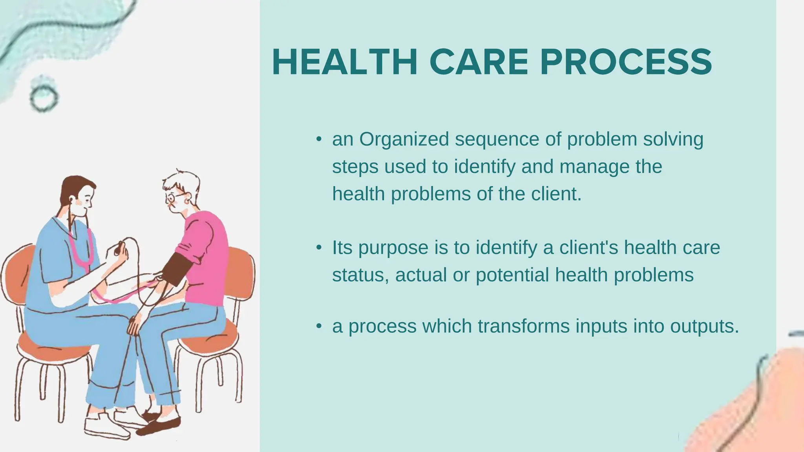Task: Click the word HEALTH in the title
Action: pos(344,62)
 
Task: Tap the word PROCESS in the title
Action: pos(626,62)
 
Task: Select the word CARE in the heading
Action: pos(479,62)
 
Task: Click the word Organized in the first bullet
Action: pos(404,139)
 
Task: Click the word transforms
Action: pos(523,326)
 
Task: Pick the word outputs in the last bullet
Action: pos(704,326)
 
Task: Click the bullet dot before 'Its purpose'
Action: pos(319,248)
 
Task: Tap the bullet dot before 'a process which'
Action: pos(319,326)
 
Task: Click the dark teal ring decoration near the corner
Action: pos(44,98)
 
